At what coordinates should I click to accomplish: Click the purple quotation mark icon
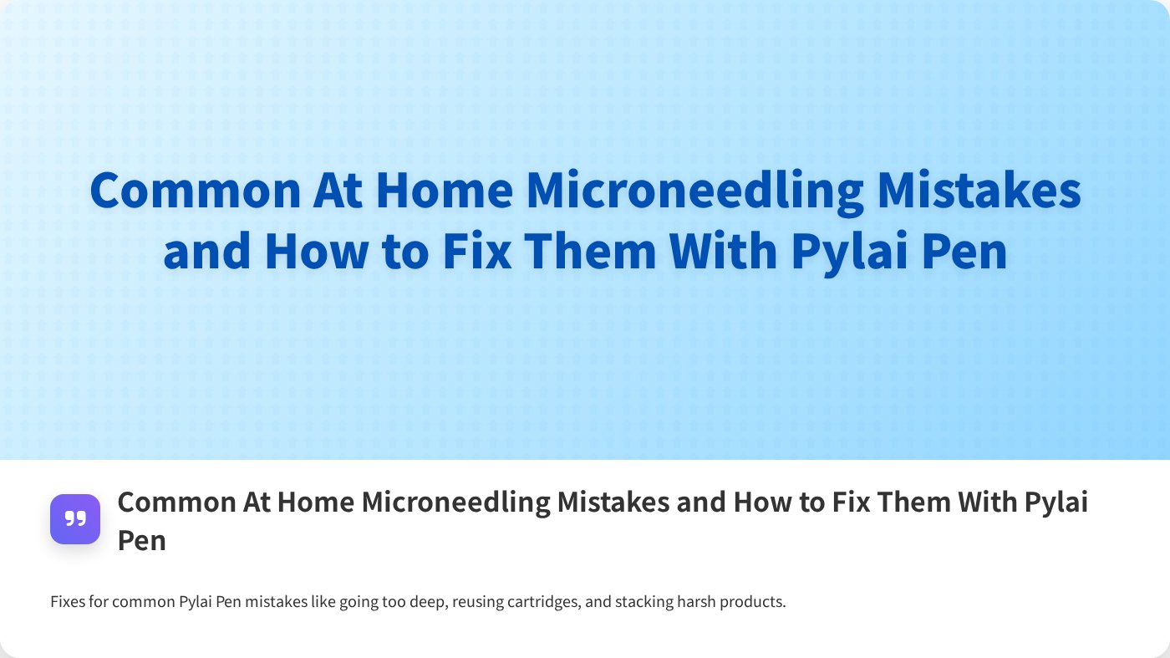[x=75, y=519]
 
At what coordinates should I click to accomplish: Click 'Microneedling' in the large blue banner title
[x=694, y=191]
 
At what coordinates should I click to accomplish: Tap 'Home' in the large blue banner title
[x=444, y=191]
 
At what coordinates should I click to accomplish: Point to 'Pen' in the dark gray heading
[x=141, y=540]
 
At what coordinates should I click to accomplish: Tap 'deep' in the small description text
[x=426, y=602]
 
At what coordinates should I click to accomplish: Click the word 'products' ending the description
[x=751, y=602]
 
